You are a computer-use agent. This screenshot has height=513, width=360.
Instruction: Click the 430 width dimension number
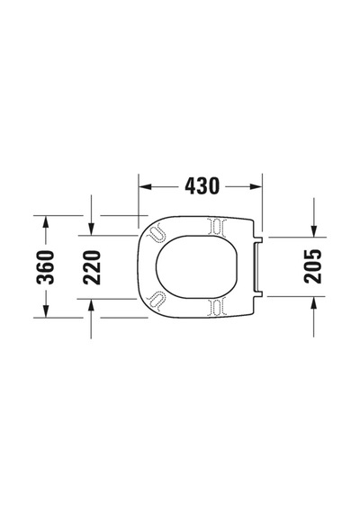[202, 185]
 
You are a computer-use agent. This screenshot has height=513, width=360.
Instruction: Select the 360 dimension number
[46, 267]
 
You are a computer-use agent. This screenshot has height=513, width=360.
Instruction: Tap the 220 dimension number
[91, 267]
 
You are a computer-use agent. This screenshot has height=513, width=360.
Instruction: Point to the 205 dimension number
[313, 266]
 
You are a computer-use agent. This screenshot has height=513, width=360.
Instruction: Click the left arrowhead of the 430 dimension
[145, 186]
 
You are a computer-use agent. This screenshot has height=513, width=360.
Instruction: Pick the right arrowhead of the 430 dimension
[256, 186]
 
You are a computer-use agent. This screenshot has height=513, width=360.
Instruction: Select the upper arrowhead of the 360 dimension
[46, 221]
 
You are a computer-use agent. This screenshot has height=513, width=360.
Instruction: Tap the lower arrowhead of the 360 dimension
[46, 311]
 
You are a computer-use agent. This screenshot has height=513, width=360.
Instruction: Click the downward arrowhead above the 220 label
[91, 229]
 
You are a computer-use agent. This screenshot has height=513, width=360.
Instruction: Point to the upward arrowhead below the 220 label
[91, 305]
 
